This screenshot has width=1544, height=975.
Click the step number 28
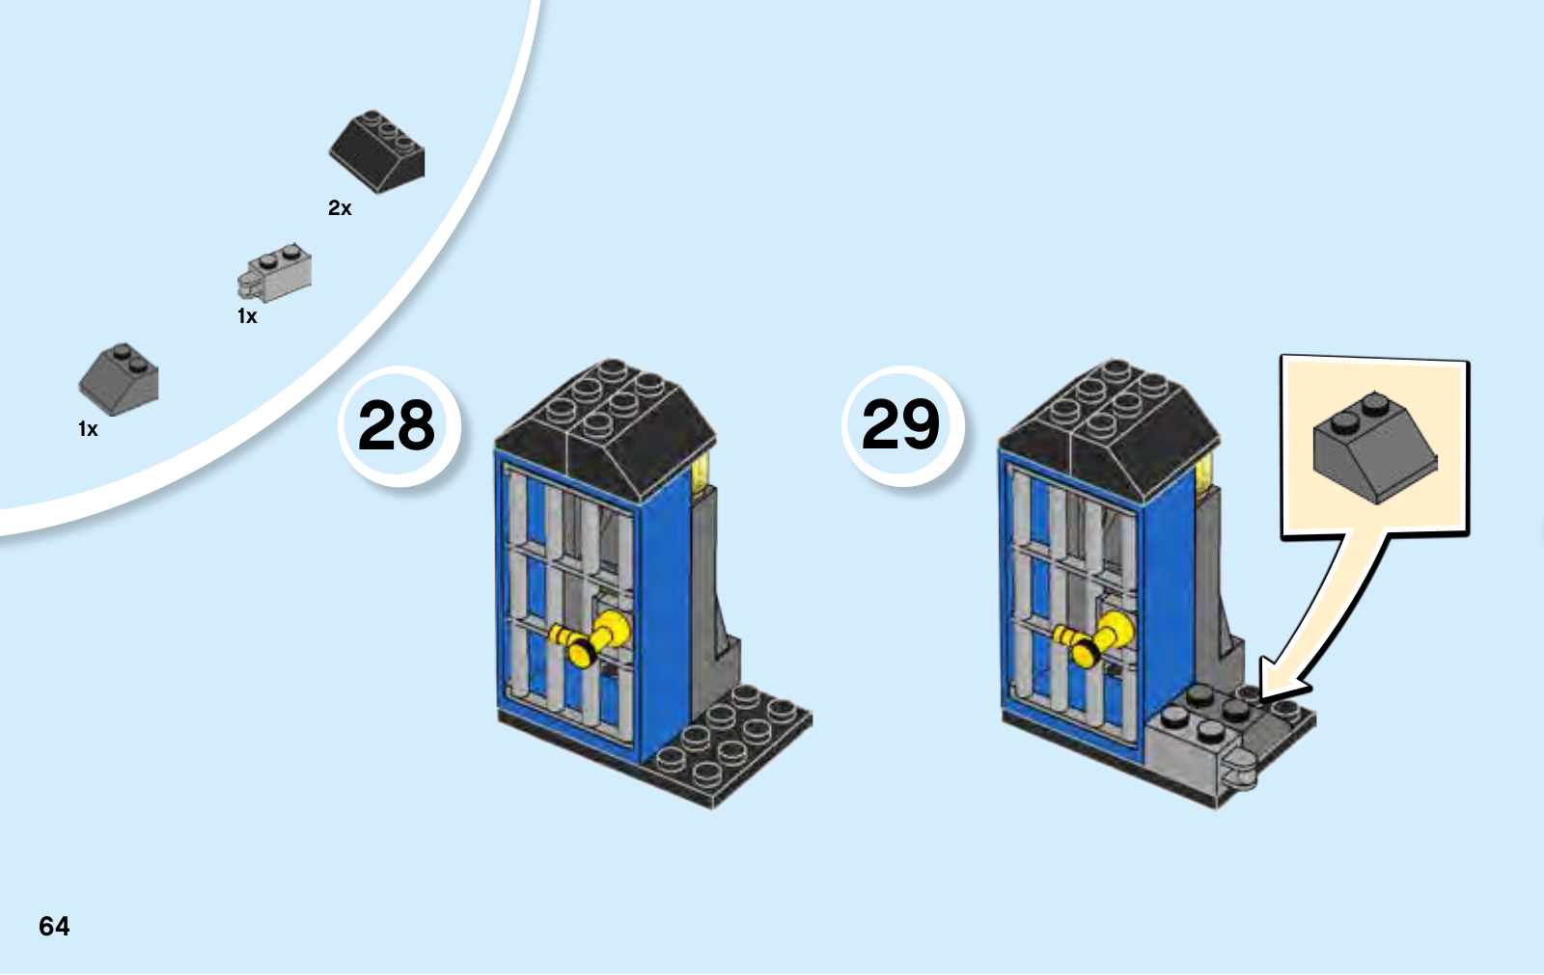point(397,425)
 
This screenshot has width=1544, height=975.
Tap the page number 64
point(54,926)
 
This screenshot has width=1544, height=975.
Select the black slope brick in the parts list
point(377,151)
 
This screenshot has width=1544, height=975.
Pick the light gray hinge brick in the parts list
point(274,273)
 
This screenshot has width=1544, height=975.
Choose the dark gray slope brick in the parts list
point(119,380)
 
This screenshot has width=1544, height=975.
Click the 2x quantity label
point(340,208)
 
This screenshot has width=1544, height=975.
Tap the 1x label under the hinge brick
point(247,316)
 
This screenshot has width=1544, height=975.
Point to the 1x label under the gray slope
point(88,429)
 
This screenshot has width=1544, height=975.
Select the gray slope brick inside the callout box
point(1374,447)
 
